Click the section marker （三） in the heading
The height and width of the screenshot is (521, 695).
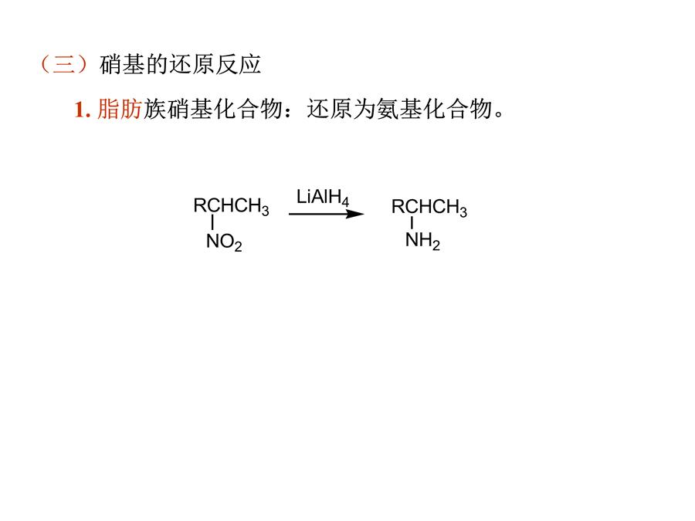pos(64,64)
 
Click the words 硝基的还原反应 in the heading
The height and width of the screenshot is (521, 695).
pos(181,65)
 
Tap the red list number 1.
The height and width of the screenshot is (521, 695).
pos(83,110)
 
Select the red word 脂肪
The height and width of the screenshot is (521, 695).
pos(120,109)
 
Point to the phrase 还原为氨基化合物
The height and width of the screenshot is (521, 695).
pos(399,109)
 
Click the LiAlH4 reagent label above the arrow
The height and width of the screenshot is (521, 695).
pos(323,197)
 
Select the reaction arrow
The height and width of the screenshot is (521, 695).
pos(327,214)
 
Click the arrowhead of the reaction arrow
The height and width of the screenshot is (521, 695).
pos(355,214)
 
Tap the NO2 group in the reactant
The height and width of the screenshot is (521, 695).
pos(224,242)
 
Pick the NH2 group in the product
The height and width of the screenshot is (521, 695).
pos(423,241)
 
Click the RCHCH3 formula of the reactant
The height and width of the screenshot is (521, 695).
pos(232,206)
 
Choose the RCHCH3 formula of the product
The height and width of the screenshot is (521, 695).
pos(429,208)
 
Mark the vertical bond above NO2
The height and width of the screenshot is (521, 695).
pos(213,223)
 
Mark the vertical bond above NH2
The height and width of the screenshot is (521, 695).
pos(412,223)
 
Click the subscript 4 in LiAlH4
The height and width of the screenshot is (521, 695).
pos(345,202)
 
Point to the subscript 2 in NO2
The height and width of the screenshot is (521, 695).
pos(238,247)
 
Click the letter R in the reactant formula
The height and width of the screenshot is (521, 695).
pos(200,205)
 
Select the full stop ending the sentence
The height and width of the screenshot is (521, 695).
pos(499,114)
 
